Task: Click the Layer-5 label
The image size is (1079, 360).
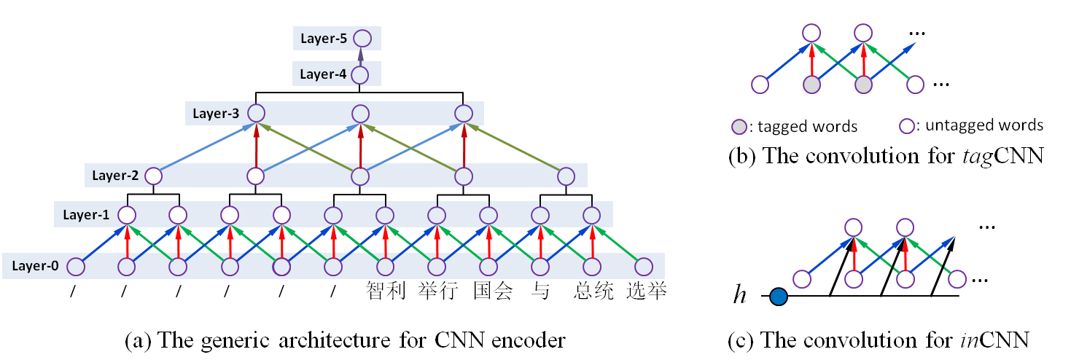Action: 323,39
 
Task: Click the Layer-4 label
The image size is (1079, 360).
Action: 323,74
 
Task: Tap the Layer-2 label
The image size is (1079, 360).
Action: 114,176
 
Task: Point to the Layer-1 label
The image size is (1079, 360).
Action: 85,215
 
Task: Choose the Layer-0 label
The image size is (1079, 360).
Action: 34,267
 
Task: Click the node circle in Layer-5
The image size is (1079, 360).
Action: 362,39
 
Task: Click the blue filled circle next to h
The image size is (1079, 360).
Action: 779,297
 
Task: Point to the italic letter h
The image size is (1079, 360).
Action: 741,297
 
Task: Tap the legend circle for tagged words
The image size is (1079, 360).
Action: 740,127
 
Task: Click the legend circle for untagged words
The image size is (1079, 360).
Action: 908,126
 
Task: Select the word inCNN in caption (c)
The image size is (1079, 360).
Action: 996,340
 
